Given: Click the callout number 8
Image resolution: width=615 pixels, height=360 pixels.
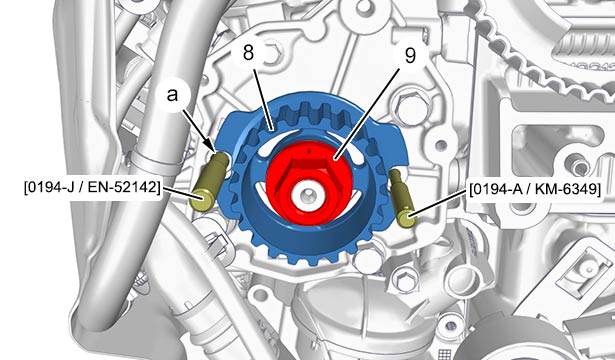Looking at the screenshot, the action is coord(248,52).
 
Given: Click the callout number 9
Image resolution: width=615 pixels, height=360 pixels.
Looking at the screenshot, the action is coord(410,55).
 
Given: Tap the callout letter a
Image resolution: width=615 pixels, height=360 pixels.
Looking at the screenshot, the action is coord(172,95).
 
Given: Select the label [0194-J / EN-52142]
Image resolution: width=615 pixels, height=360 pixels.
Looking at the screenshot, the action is coord(93,187).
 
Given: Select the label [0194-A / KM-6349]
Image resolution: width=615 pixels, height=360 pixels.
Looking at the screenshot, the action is coord(535,189).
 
